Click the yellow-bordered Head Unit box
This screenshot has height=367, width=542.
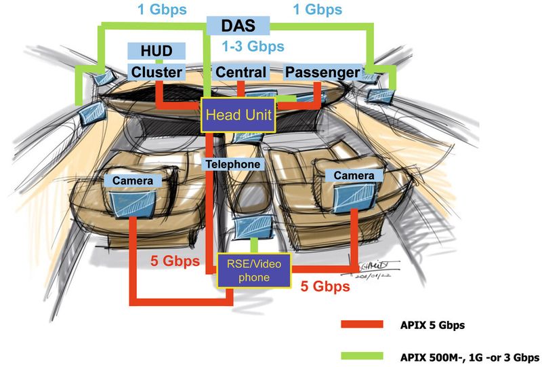238,115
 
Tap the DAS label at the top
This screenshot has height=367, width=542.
238,26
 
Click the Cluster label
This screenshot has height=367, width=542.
157,73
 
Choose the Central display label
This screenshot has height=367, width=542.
241,73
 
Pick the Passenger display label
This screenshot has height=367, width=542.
322,73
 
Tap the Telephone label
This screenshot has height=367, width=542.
232,164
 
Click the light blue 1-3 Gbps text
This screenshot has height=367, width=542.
253,47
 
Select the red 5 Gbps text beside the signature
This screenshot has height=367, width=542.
325,286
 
